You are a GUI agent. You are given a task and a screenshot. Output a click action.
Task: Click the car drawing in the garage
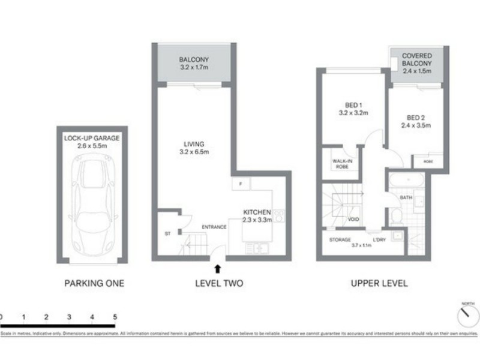92,204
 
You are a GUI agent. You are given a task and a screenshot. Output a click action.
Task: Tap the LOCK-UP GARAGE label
92,142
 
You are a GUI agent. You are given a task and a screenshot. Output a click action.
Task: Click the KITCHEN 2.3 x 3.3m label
257,216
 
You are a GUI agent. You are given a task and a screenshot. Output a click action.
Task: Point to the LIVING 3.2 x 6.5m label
194,148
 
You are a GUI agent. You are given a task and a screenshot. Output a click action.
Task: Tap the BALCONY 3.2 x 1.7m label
194,64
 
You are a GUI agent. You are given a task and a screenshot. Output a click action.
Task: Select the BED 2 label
416,122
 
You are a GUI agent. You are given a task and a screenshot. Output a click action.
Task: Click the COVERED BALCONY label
417,63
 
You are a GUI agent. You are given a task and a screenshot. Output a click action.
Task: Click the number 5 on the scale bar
115,316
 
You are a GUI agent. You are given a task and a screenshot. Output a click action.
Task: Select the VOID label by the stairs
353,220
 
